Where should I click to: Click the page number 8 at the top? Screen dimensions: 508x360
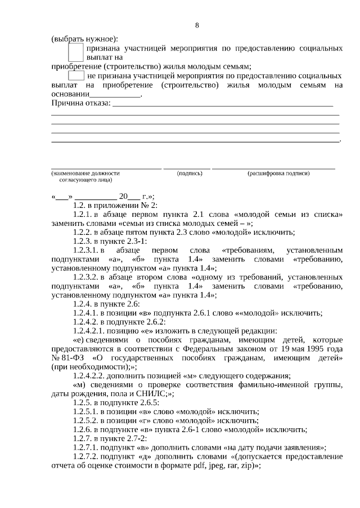(197, 25)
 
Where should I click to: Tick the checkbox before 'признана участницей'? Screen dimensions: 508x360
(75, 53)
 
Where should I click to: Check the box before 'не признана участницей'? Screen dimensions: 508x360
(76, 75)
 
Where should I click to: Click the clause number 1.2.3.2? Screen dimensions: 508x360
(86, 276)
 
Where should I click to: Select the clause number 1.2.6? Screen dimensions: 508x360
(83, 429)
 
